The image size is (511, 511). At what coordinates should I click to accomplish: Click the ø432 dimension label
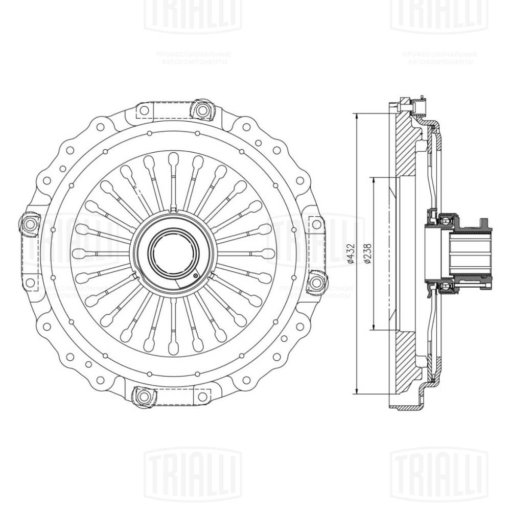tap(351, 254)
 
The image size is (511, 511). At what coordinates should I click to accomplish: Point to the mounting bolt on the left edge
tap(28, 223)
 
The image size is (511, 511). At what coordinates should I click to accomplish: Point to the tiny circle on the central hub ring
tap(196, 276)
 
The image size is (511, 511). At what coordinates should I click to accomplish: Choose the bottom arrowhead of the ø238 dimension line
tap(374, 328)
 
